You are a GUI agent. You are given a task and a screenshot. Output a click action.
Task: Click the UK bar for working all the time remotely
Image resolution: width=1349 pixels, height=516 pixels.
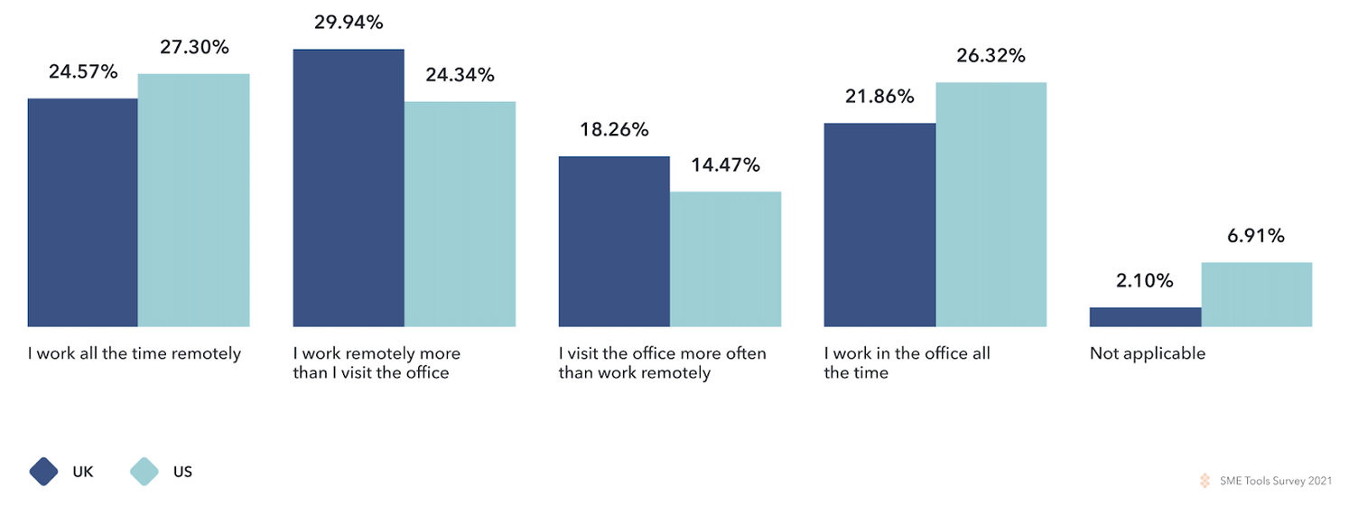83,212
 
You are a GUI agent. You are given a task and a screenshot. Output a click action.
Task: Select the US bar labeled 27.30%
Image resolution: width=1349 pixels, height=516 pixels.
193,200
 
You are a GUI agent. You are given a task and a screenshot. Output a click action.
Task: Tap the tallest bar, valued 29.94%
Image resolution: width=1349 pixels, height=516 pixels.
349,188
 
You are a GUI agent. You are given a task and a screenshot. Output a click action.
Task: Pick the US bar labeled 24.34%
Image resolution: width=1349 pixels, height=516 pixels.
460,213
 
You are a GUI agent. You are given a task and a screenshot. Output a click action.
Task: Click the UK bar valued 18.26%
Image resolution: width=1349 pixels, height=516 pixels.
614,241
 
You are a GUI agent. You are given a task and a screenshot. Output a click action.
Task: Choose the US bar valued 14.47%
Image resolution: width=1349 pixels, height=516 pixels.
725,258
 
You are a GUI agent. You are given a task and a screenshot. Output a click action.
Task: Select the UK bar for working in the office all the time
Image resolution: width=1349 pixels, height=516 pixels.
879,224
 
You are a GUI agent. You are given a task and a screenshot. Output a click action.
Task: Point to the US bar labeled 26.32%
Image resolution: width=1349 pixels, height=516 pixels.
991,204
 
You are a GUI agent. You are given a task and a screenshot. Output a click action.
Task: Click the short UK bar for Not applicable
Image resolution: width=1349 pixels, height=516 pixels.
1145,316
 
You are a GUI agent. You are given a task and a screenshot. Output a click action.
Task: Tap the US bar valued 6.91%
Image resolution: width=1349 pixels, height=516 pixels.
1256,294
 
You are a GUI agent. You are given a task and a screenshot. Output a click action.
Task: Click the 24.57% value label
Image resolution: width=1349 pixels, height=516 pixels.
83,72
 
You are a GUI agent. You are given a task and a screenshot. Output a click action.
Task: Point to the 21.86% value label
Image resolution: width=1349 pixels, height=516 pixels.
879,97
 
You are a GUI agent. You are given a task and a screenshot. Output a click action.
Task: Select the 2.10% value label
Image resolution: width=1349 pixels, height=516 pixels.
1144,281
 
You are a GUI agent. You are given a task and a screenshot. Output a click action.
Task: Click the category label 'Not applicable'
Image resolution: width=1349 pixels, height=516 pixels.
1147,353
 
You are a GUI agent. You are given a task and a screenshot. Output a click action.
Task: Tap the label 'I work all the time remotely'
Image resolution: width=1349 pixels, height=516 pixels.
134,353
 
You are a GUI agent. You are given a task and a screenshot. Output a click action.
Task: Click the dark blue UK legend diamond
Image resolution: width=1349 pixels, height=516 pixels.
43,472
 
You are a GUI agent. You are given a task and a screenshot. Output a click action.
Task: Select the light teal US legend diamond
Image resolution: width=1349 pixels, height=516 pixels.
144,472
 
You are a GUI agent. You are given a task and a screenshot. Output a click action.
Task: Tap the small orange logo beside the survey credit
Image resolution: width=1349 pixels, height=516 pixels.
1205,482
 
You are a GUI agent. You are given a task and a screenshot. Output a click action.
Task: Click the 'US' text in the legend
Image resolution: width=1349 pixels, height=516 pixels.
181,472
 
